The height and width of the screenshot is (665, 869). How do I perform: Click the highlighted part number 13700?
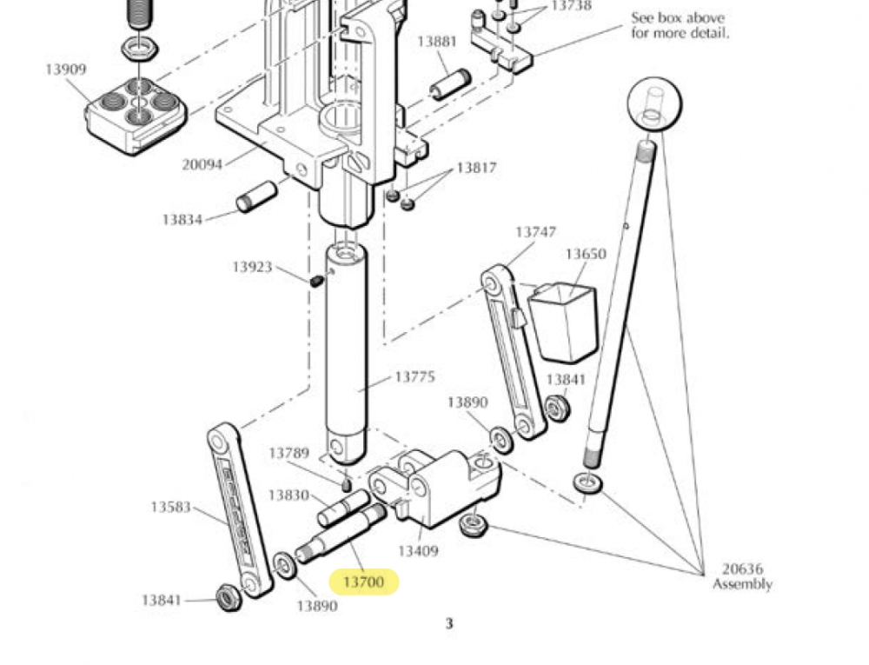coord(363,582)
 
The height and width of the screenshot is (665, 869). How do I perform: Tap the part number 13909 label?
coord(66,70)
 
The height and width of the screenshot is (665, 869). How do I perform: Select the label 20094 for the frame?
coord(202,164)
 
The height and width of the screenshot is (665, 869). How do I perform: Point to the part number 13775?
coord(415,377)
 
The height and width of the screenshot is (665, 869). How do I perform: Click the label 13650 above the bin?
coord(586,254)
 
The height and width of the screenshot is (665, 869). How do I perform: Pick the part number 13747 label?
coord(535,231)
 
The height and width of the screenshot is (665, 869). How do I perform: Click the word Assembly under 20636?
coord(743,584)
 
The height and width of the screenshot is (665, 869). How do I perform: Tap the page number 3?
coord(449,623)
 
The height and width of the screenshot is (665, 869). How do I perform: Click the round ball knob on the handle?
coord(654,104)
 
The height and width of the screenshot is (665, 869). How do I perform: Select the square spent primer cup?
coord(564,322)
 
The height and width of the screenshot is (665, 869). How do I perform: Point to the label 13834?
coord(182,219)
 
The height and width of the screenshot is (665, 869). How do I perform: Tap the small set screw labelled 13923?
coord(316,282)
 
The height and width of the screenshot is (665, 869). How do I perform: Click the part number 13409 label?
coord(418,551)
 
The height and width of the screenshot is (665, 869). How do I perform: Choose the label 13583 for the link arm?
coord(170,507)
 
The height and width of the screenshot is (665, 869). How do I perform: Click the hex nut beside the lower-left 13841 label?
coord(228,597)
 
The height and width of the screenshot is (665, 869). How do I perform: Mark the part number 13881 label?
coord(437,42)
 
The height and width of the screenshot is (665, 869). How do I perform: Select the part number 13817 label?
coord(476,168)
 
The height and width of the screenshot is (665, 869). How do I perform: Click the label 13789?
coord(289,453)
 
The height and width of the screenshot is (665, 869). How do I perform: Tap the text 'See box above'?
coord(678,17)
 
